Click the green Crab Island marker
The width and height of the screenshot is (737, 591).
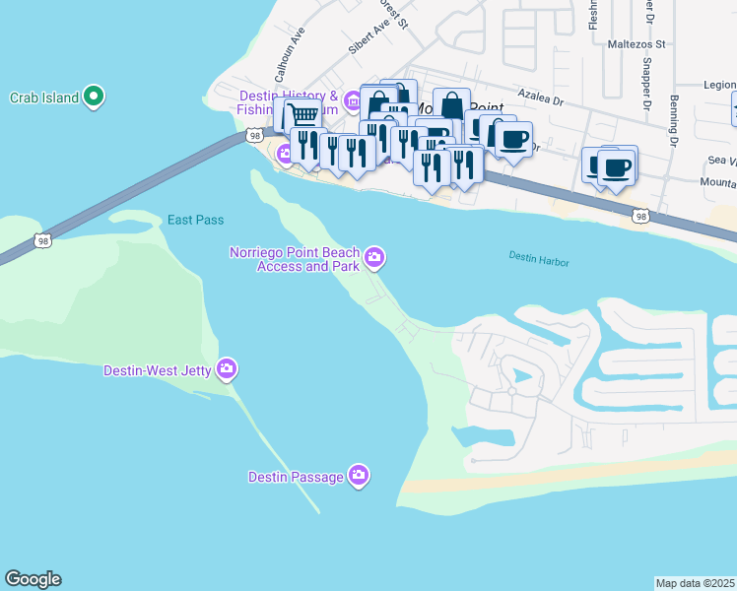click(94, 97)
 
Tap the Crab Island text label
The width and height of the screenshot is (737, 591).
click(43, 98)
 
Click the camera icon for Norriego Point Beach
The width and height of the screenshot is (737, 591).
click(374, 258)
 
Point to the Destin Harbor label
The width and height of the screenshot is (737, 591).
click(539, 258)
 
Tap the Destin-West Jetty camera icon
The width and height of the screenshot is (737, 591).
click(228, 369)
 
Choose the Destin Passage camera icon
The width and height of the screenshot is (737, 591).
click(359, 477)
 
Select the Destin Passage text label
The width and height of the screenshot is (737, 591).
click(296, 478)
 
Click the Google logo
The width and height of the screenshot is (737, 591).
click(33, 579)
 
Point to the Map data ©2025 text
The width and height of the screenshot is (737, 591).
click(695, 583)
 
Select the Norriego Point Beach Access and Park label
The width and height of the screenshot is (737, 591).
click(293, 259)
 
